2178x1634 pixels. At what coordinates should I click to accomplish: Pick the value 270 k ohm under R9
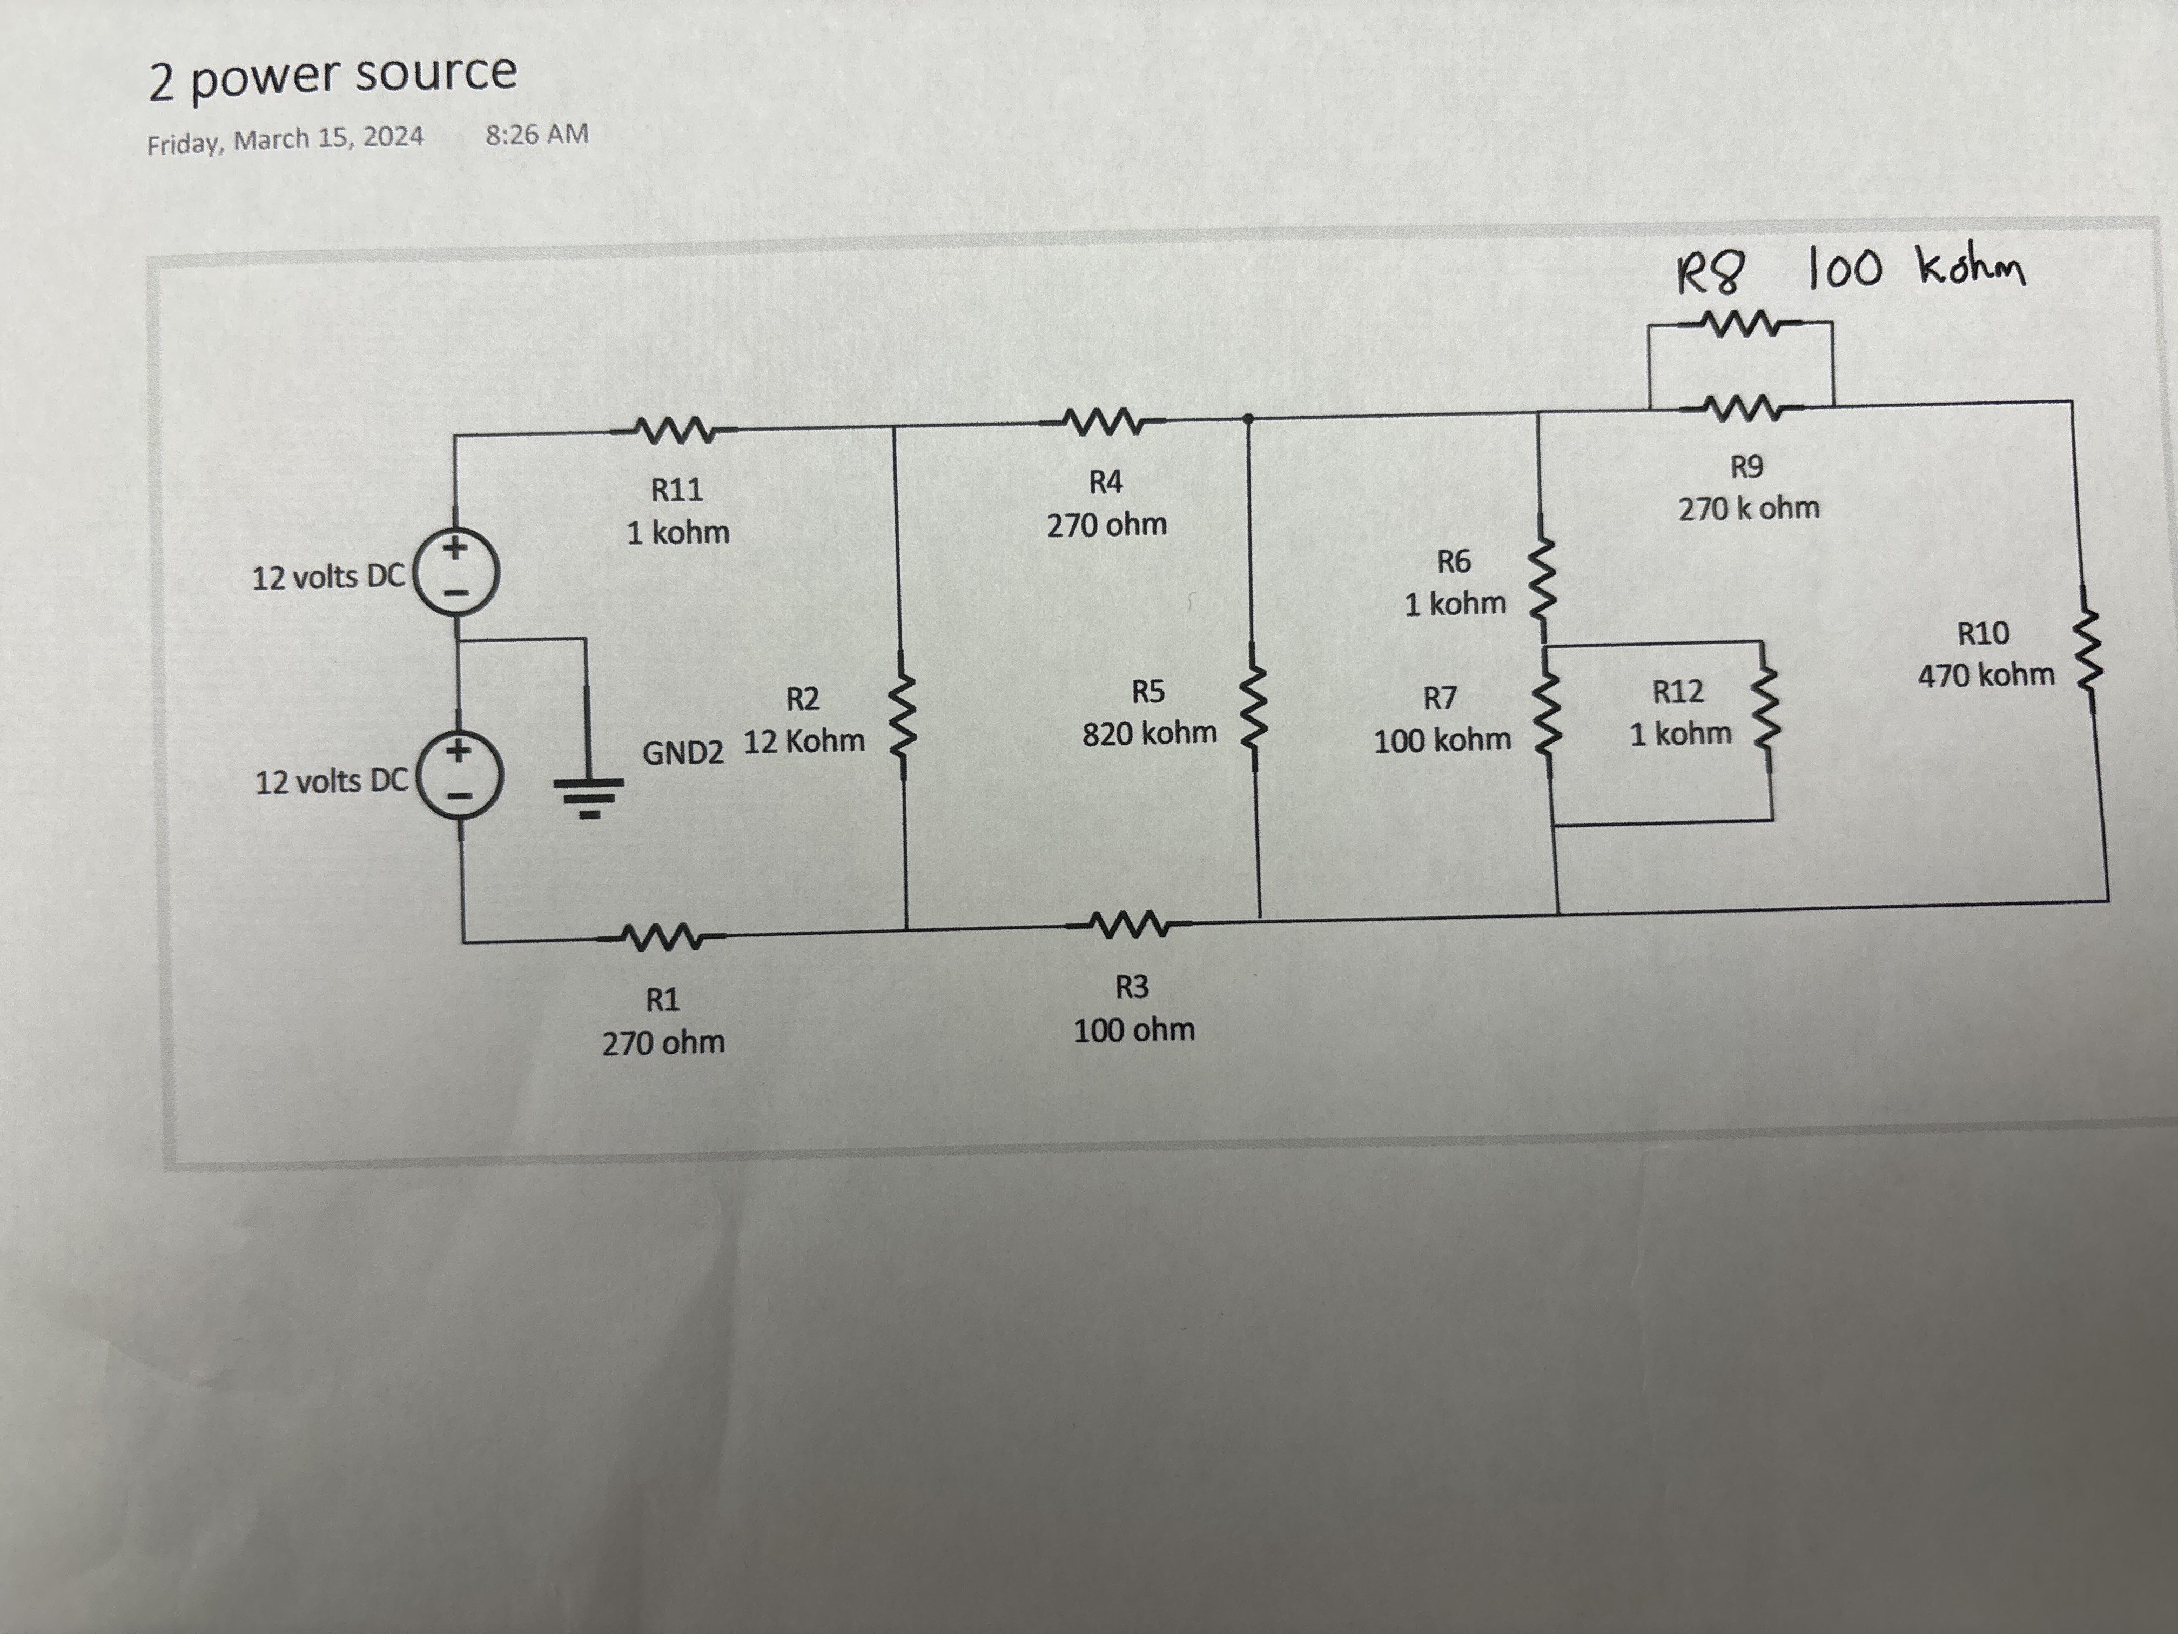pyautogui.click(x=1749, y=509)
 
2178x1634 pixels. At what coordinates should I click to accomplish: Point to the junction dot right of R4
pyautogui.click(x=1247, y=419)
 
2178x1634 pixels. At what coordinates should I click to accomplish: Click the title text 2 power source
pyautogui.click(x=333, y=76)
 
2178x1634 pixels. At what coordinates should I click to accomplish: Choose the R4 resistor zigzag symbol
pyautogui.click(x=1104, y=424)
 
